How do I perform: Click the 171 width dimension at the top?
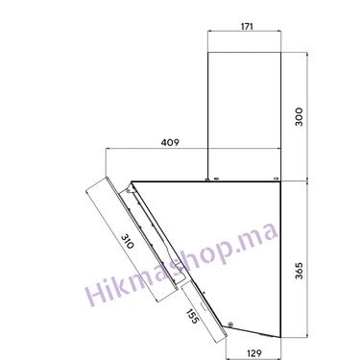coord(247,26)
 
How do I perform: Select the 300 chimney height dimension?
coord(299,117)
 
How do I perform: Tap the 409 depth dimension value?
coord(170,142)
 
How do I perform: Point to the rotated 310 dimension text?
coord(127,242)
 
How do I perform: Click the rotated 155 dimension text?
coord(192,316)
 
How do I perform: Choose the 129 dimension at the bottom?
coord(254,353)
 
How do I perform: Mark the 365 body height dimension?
coord(299,271)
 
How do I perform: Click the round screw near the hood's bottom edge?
coord(230,324)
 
